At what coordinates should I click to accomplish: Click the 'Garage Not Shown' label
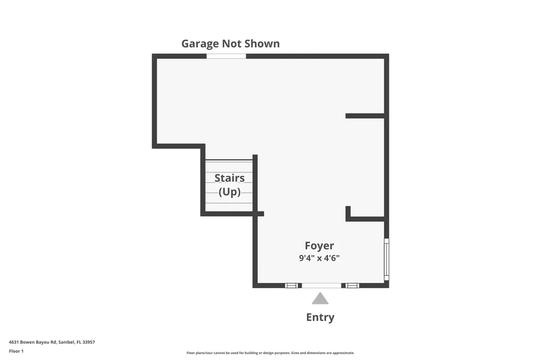(230, 43)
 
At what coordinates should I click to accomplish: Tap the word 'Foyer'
(319, 245)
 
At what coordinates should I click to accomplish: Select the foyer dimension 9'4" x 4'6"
(319, 258)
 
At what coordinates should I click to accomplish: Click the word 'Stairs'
(229, 178)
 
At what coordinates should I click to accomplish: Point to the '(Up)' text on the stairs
(229, 192)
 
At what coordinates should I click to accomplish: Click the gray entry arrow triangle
(320, 299)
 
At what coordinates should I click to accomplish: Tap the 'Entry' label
(320, 317)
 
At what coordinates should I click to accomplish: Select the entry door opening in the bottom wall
(321, 286)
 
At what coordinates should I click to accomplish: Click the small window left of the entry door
(291, 286)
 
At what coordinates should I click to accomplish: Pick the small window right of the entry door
(352, 286)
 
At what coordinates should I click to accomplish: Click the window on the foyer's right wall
(386, 259)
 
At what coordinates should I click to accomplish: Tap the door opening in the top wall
(226, 56)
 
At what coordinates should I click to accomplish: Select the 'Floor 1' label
(16, 351)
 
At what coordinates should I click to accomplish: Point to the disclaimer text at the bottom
(270, 353)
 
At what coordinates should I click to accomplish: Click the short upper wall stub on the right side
(365, 116)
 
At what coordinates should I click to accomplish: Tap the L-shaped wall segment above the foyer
(365, 218)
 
